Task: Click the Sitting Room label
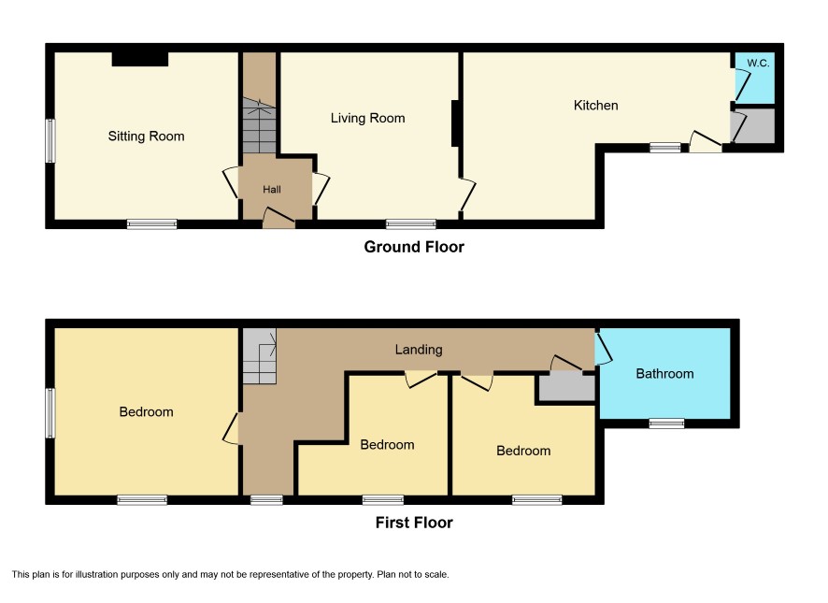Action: click(x=147, y=136)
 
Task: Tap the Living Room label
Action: click(x=368, y=119)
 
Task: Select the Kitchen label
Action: click(x=595, y=105)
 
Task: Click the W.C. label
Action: click(x=758, y=63)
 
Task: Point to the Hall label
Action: click(x=272, y=189)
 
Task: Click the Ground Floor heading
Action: click(x=414, y=247)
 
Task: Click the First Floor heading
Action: click(x=414, y=523)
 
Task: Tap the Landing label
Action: click(x=419, y=350)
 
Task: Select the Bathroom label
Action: click(x=664, y=374)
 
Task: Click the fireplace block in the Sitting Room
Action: click(x=140, y=59)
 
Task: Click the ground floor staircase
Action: click(x=259, y=126)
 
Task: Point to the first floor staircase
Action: click(x=259, y=356)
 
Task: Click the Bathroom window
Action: click(x=666, y=423)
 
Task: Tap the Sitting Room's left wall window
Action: click(x=50, y=141)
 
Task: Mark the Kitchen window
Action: click(x=665, y=148)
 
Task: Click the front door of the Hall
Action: click(x=278, y=218)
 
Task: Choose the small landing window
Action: click(x=266, y=499)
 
